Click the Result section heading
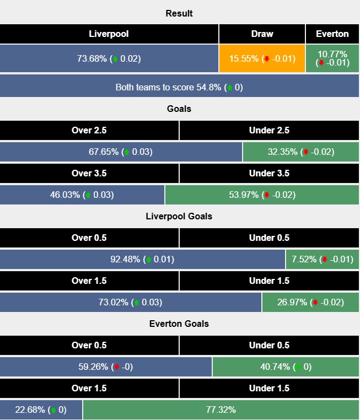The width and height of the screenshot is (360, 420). pos(179,13)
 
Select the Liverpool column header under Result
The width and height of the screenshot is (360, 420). pos(109,34)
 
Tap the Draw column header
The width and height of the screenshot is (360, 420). pos(262,34)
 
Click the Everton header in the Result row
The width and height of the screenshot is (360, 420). pos(332,34)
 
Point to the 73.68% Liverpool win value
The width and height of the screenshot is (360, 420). pos(109,58)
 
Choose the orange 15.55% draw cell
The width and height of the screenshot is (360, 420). pos(262,58)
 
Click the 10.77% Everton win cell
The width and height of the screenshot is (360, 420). pos(332,58)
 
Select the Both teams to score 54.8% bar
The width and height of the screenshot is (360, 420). pos(179,87)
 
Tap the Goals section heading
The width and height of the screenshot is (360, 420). pos(179,109)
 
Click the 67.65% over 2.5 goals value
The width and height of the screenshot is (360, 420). pos(121,152)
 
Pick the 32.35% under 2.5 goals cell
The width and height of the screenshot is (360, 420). pos(300,152)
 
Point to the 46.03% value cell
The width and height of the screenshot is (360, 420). pos(82,195)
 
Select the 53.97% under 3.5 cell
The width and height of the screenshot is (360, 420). pos(262,195)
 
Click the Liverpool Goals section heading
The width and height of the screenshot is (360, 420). pos(179,216)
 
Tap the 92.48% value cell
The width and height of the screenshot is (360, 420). pos(142,259)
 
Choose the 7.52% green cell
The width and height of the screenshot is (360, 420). pos(322,259)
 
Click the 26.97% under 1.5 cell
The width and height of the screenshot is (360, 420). pos(310,302)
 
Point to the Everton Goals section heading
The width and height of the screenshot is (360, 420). pos(179,324)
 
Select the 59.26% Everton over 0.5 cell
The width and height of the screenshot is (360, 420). pos(106,367)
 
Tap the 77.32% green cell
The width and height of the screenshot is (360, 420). pos(221,410)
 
